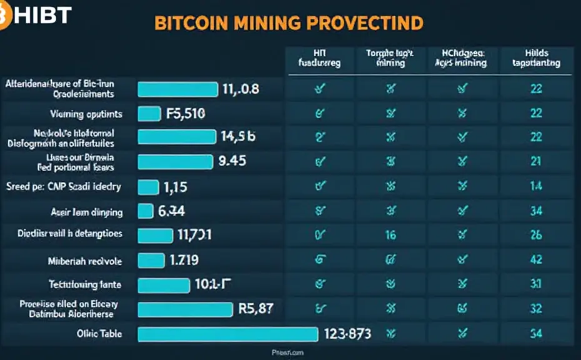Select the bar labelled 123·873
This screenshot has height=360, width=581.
point(228,334)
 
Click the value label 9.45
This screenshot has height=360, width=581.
point(232,161)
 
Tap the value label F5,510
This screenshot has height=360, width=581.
point(186,114)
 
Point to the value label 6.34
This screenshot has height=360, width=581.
point(171,211)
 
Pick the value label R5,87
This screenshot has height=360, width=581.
point(256,307)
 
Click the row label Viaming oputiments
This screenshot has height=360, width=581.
point(86,114)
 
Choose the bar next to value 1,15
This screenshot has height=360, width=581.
point(148,186)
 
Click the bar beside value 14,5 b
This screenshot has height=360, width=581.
point(176,136)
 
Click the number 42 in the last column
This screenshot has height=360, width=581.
point(536,259)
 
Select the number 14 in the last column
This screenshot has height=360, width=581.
point(536,186)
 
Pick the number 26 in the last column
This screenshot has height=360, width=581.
point(536,235)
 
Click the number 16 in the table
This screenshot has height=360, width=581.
point(391,235)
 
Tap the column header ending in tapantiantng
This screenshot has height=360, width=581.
point(536,58)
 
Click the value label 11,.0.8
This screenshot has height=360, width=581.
point(241,89)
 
